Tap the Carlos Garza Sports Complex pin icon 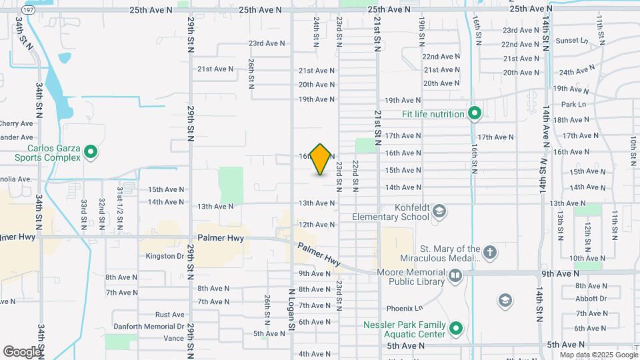coord(91,153)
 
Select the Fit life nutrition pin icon coord(474,114)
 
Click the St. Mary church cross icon coord(490,253)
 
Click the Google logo coord(22,351)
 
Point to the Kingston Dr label coord(164,256)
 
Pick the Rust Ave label coord(169,315)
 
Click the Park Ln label coord(573,105)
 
